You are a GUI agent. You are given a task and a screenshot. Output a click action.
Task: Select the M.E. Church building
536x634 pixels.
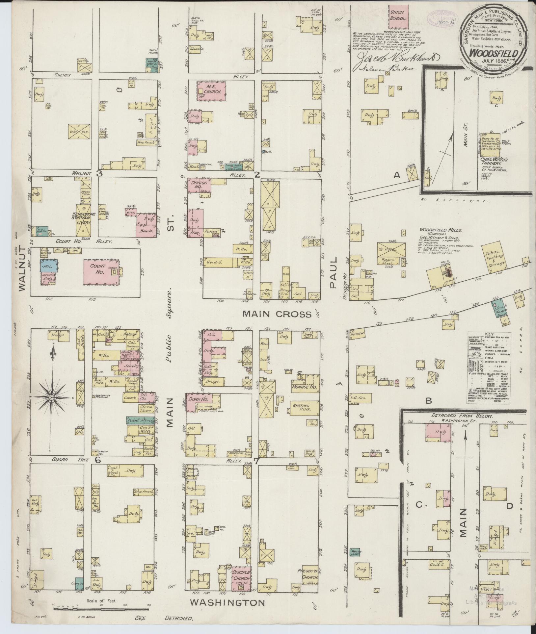[x=212, y=91]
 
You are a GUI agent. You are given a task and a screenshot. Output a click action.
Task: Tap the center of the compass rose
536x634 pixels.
[x=52, y=398]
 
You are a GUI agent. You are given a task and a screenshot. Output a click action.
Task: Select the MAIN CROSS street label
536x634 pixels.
[x=277, y=314]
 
